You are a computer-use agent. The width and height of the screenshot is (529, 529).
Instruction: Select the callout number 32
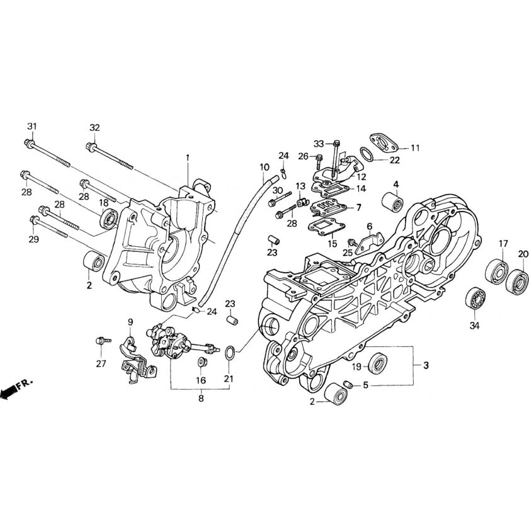(x=94, y=128)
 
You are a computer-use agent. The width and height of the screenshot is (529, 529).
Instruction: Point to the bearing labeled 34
(x=474, y=297)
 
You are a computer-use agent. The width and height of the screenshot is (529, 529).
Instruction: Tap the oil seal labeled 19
(x=378, y=363)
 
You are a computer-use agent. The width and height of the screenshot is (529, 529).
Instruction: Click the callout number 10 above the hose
(x=264, y=167)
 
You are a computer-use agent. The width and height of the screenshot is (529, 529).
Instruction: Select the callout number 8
(x=201, y=398)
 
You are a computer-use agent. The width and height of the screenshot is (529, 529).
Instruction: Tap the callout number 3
(x=425, y=365)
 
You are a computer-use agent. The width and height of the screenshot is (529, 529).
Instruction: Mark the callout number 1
(x=187, y=156)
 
